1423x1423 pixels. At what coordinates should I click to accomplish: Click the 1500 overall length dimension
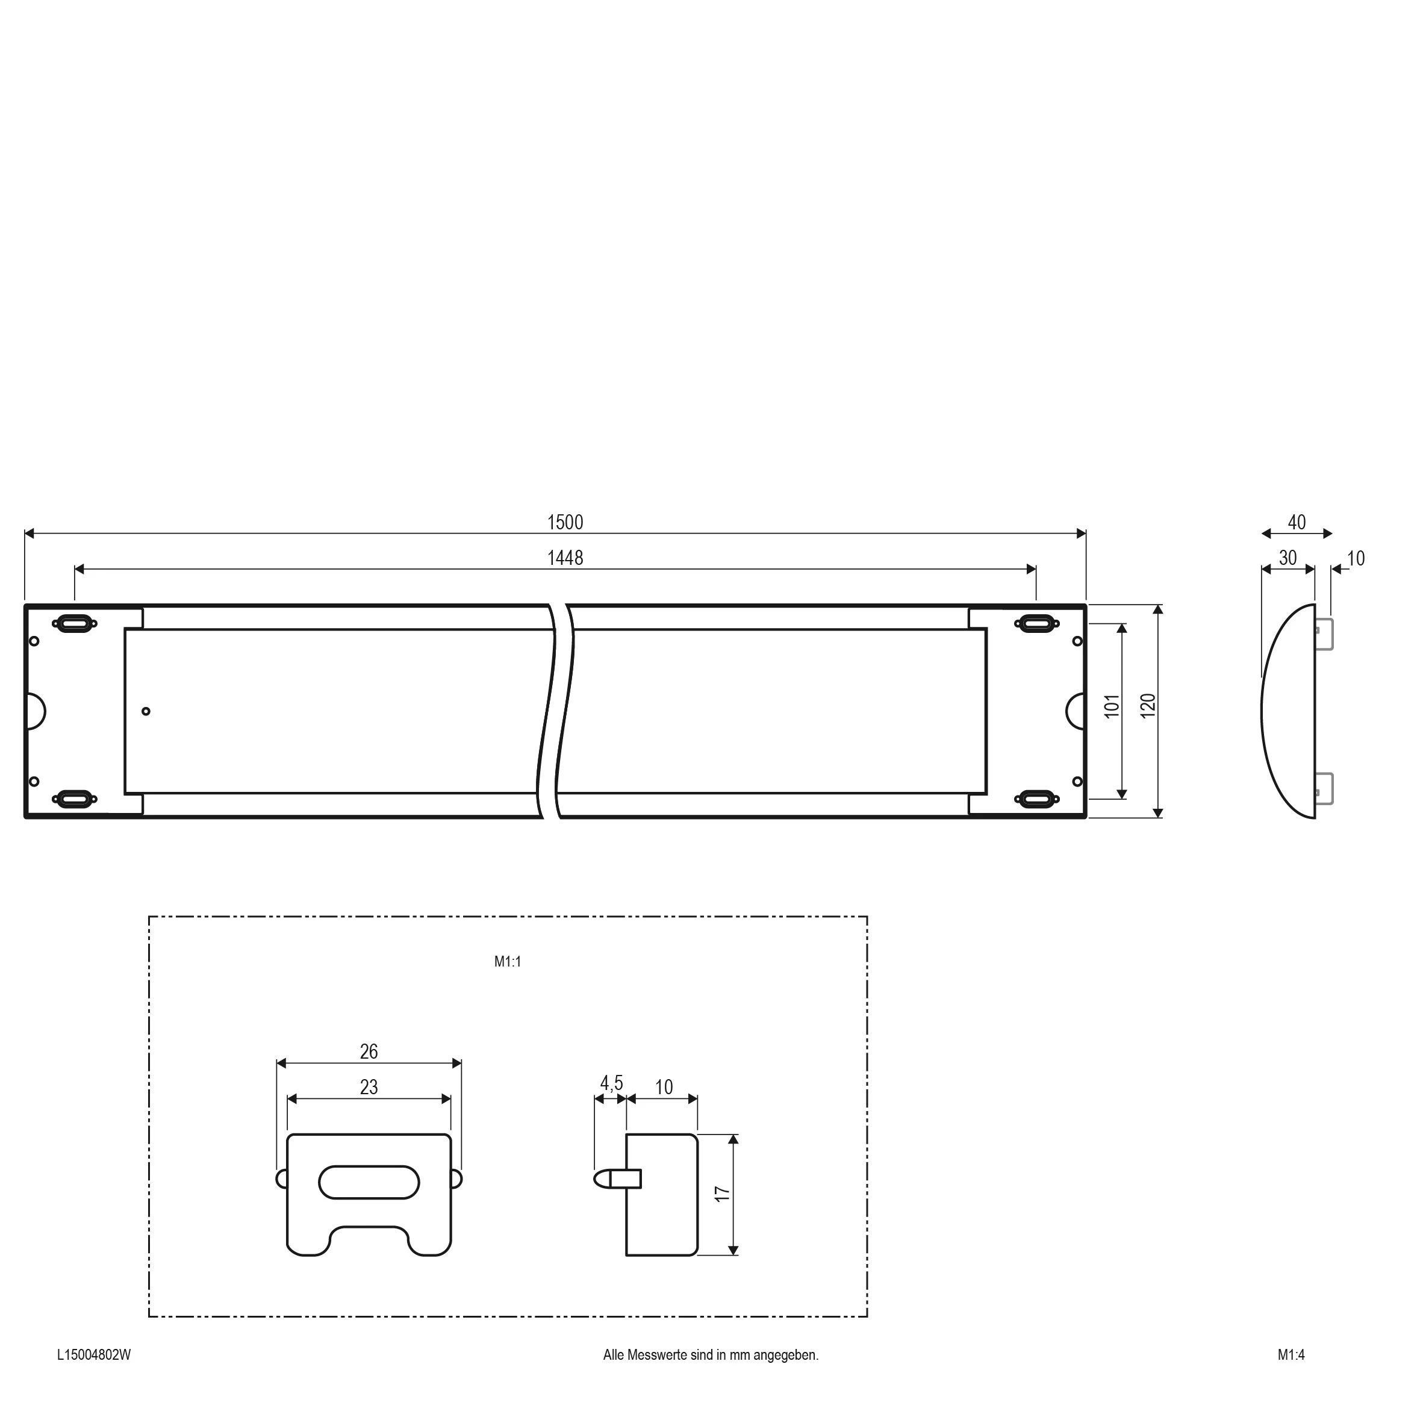pos(565,522)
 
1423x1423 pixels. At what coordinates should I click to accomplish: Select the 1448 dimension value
pos(565,558)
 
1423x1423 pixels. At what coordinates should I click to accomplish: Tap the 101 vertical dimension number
pos(1112,706)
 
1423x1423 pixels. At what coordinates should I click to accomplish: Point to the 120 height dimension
pos(1148,706)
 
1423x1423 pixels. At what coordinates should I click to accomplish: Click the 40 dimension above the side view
pos(1297,522)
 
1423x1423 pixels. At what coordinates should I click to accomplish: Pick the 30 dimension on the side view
pos(1288,558)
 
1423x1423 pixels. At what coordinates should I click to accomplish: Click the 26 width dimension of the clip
pos(369,1052)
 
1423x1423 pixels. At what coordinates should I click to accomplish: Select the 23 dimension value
pos(369,1087)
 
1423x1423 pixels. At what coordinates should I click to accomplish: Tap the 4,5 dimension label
pos(611,1083)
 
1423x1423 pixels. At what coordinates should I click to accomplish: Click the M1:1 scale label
pos(508,961)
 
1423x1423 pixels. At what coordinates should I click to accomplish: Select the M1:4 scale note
pos(1291,1354)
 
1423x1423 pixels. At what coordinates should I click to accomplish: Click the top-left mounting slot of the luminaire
pos(75,623)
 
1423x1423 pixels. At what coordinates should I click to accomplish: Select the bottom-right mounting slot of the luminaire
pos(1036,799)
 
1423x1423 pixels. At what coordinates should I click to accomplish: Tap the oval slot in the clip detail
pos(369,1182)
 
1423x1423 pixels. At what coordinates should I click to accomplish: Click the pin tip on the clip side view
pos(600,1179)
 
